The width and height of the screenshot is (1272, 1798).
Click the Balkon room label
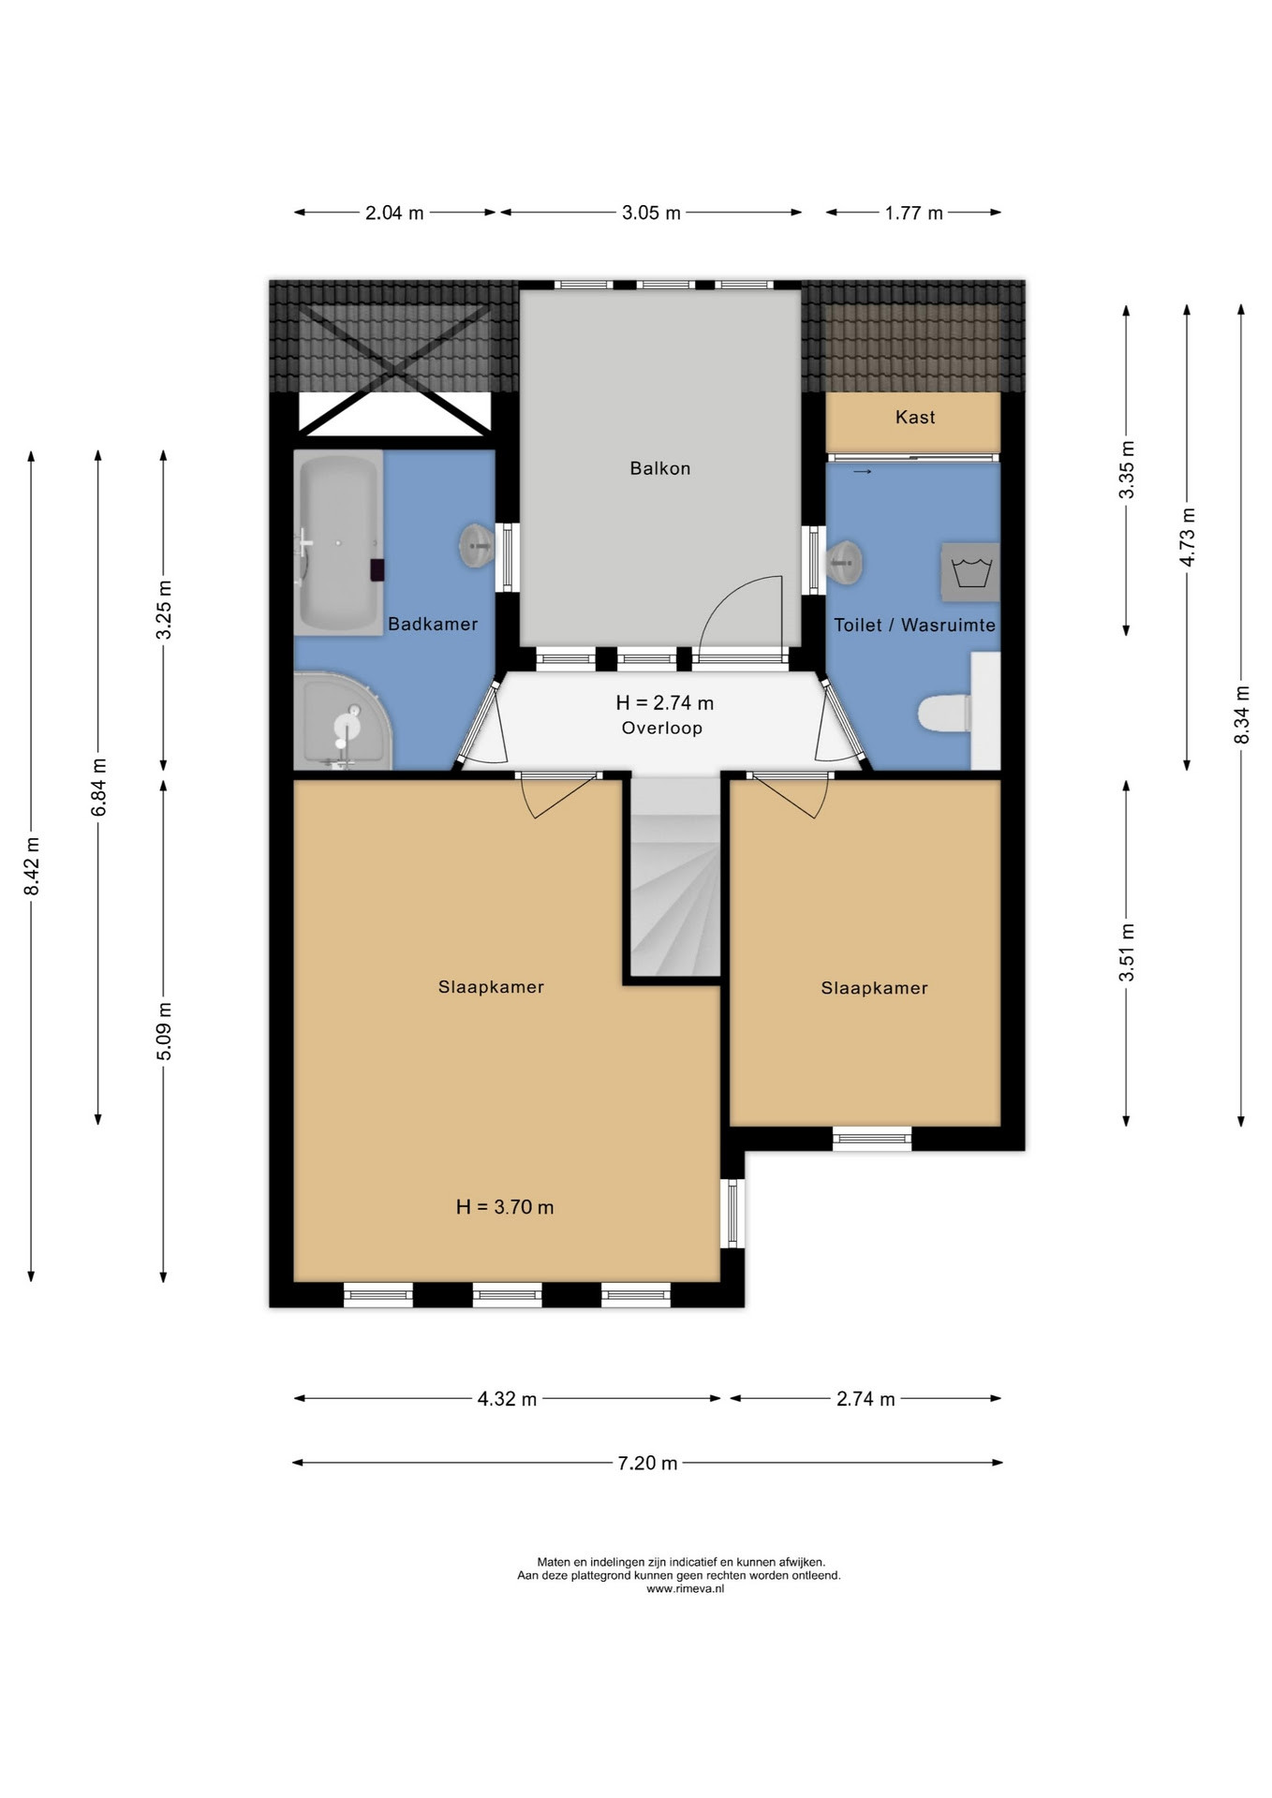click(659, 468)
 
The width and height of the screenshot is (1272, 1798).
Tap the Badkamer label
click(433, 624)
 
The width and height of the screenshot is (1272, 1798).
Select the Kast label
click(915, 417)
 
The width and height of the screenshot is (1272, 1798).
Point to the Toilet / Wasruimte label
click(915, 625)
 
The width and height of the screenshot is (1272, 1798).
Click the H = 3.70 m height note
click(505, 1207)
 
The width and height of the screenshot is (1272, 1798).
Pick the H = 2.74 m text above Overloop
click(664, 702)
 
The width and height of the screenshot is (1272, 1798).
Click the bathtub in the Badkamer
click(338, 542)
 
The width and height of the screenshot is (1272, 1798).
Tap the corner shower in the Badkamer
click(343, 720)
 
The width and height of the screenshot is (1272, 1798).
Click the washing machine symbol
click(970, 571)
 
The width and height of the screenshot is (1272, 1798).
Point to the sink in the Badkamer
click(477, 544)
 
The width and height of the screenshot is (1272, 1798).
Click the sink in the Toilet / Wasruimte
click(844, 563)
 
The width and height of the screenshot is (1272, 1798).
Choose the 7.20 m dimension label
click(647, 1463)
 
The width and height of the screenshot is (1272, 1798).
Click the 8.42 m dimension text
click(32, 866)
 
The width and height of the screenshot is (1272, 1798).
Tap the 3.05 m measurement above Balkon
click(651, 213)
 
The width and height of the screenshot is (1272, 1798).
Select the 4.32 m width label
click(507, 1399)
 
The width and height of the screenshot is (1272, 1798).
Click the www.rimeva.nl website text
click(685, 1588)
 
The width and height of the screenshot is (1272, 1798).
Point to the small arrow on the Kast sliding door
click(863, 472)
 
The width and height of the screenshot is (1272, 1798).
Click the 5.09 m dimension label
click(164, 1031)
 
